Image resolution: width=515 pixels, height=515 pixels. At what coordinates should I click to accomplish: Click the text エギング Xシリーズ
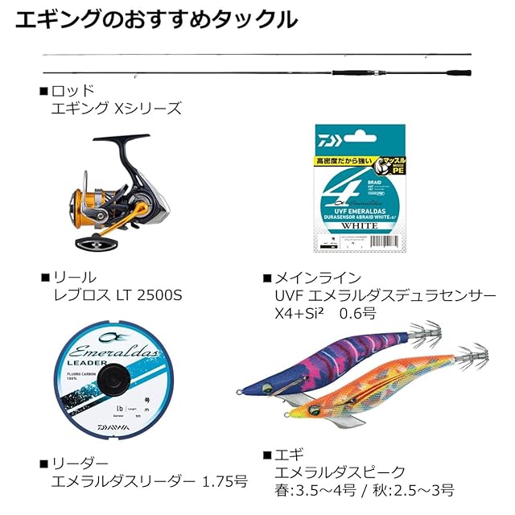click(116, 109)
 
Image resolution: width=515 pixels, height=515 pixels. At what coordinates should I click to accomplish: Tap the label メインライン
click(321, 278)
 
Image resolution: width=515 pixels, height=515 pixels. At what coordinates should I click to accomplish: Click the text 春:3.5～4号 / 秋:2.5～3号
click(364, 490)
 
